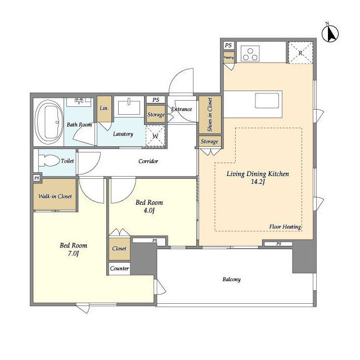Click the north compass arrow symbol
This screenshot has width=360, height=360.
point(330,34)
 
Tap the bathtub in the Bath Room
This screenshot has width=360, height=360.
point(49,122)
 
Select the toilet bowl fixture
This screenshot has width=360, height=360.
point(48,160)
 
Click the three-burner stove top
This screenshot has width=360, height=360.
point(250,54)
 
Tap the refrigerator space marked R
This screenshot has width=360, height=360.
point(300,53)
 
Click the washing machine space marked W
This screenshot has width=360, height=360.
point(155,136)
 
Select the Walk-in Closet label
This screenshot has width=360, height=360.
point(55,196)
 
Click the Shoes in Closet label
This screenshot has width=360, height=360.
point(210,115)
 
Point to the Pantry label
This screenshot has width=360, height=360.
point(229,57)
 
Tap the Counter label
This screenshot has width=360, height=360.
point(119,268)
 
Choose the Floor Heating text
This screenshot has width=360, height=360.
point(285,227)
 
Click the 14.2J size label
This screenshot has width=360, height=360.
point(258,182)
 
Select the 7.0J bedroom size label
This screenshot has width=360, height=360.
point(74,254)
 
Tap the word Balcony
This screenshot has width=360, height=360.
point(232,280)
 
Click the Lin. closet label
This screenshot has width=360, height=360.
point(104,108)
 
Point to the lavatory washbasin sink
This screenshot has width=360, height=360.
point(129,107)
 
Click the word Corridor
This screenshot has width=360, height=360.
point(148,161)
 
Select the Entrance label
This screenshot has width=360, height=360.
point(181,109)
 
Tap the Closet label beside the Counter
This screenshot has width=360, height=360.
point(119,249)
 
